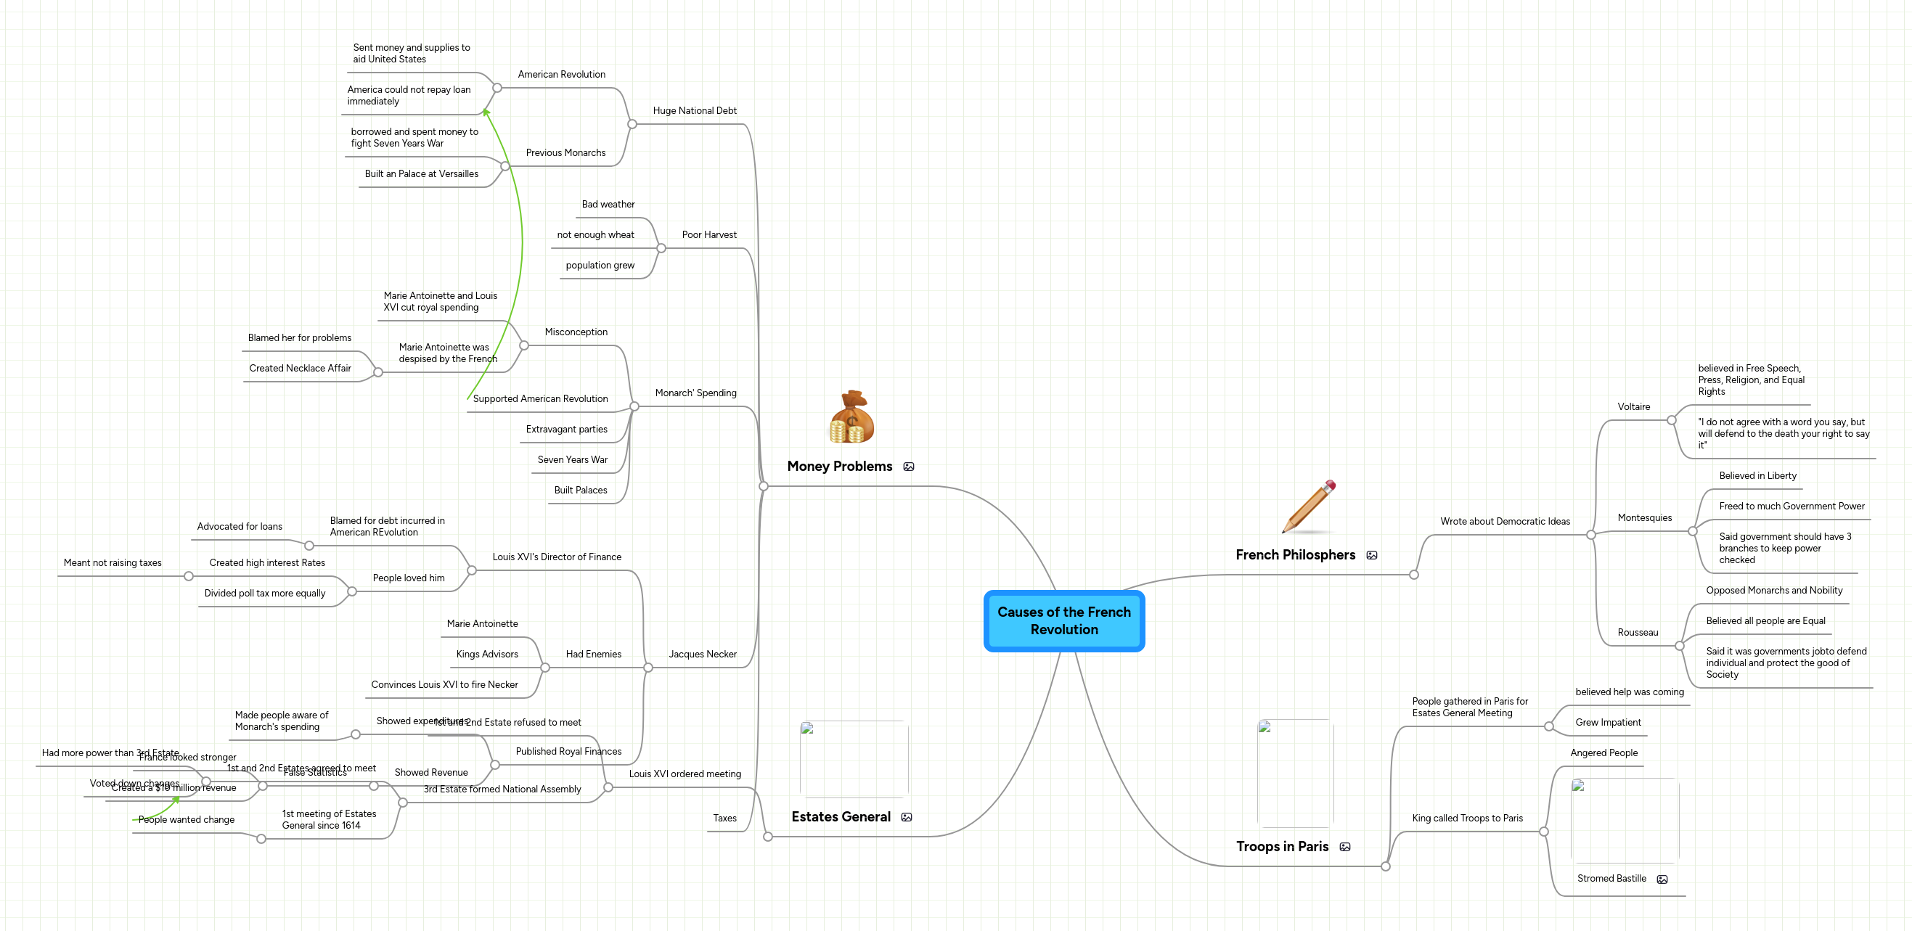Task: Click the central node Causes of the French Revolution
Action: click(1063, 621)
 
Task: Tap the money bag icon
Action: click(851, 418)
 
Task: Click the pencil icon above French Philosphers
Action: click(1309, 506)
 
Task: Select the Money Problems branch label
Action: click(839, 467)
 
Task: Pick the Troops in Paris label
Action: click(1282, 846)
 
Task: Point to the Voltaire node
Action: click(1634, 406)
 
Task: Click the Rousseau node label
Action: click(1638, 632)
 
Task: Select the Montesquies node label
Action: click(1644, 518)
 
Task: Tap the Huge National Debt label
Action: click(694, 110)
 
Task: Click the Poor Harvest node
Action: click(709, 234)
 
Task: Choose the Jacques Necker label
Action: click(702, 655)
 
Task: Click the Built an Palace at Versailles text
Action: click(421, 173)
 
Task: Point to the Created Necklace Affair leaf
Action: click(300, 368)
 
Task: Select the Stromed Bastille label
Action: click(1611, 878)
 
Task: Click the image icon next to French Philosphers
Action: click(1372, 555)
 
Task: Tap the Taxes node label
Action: click(724, 819)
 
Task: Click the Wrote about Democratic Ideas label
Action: click(1505, 522)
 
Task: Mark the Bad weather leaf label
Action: click(608, 204)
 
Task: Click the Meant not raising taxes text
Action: click(112, 563)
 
